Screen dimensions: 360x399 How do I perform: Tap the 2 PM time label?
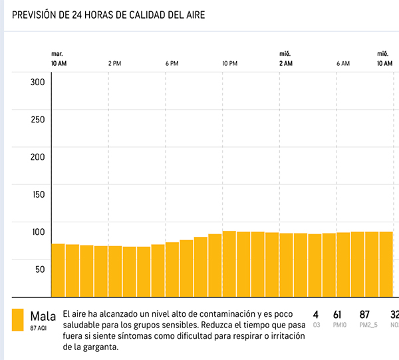pyautogui.click(x=114, y=63)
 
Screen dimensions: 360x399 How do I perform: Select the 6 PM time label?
pyautogui.click(x=172, y=63)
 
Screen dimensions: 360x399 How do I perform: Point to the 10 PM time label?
pyautogui.click(x=229, y=63)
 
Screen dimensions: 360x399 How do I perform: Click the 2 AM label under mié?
pyautogui.click(x=285, y=63)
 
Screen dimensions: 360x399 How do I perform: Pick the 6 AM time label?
pyautogui.click(x=343, y=63)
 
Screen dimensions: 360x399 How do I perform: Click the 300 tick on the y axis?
pyautogui.click(x=37, y=82)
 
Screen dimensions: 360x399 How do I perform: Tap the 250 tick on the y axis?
pyautogui.click(x=37, y=120)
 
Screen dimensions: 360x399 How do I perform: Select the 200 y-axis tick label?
pyautogui.click(x=37, y=157)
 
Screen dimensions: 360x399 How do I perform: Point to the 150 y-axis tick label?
pyautogui.click(x=37, y=194)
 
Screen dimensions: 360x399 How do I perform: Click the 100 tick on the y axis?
pyautogui.click(x=37, y=232)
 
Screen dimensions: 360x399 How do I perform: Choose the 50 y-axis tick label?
pyautogui.click(x=39, y=269)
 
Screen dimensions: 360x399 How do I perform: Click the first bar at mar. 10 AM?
pyautogui.click(x=59, y=270)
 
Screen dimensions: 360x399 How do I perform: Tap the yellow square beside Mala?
pyautogui.click(x=18, y=319)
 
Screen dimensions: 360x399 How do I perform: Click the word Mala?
pyautogui.click(x=43, y=315)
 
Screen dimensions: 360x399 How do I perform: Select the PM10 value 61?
pyautogui.click(x=336, y=314)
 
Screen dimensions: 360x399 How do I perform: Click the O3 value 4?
pyautogui.click(x=316, y=314)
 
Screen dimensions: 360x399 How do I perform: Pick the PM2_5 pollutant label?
pyautogui.click(x=364, y=325)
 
